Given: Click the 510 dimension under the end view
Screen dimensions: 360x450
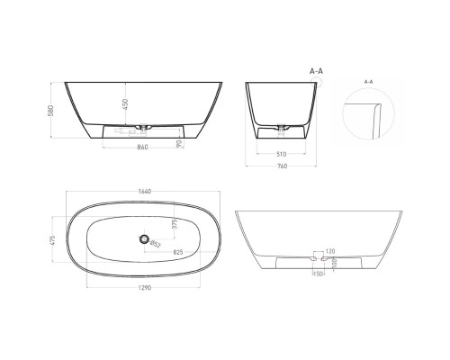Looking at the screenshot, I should pyautogui.click(x=282, y=152).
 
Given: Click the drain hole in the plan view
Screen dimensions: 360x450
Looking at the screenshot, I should pyautogui.click(x=142, y=238).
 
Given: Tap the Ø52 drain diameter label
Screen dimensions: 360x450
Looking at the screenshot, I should pyautogui.click(x=155, y=243).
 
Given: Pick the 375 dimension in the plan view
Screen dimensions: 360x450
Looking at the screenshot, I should pyautogui.click(x=175, y=223).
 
